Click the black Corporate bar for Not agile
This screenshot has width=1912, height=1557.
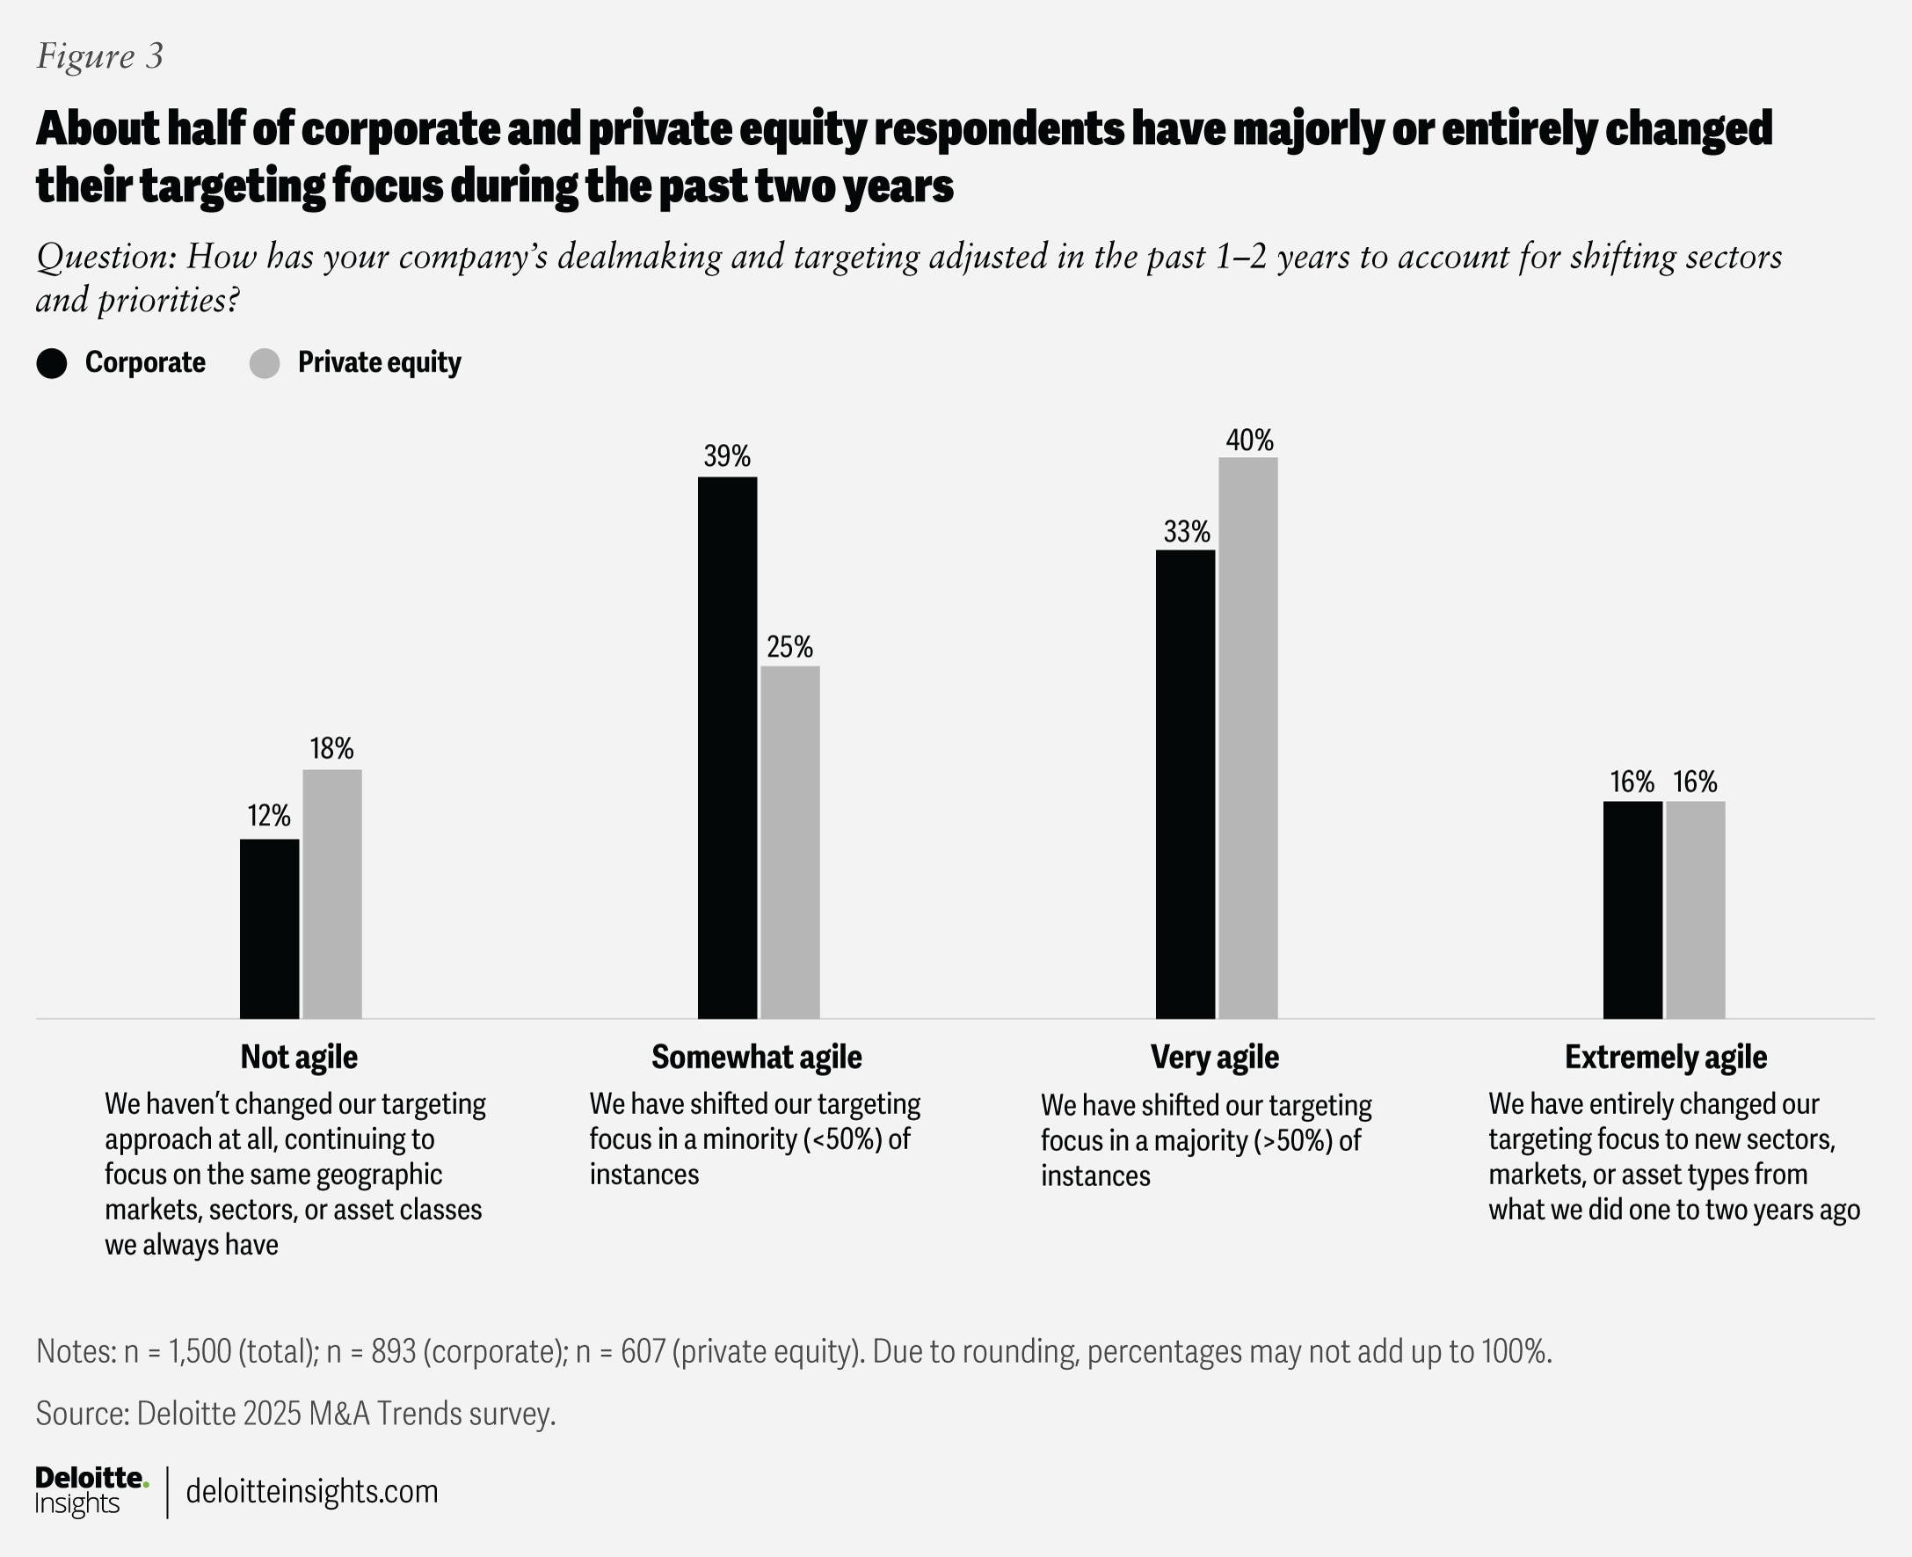(x=269, y=928)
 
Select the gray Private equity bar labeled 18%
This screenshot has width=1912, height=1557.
(x=331, y=893)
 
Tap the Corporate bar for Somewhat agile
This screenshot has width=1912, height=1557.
(x=727, y=747)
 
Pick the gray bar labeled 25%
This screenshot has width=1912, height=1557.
(x=790, y=841)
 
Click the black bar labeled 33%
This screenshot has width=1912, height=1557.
(x=1185, y=784)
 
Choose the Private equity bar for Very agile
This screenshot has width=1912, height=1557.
(x=1247, y=738)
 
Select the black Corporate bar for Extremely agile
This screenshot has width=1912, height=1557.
(x=1632, y=909)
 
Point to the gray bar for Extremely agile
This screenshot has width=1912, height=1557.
(x=1695, y=909)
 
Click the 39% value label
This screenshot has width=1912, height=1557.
(x=726, y=456)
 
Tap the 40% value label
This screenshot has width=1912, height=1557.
(x=1249, y=440)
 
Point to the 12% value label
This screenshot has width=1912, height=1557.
(x=269, y=815)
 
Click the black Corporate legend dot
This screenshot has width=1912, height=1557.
(x=52, y=363)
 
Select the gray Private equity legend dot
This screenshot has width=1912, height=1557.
(x=265, y=363)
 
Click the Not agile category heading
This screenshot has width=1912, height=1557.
(x=299, y=1057)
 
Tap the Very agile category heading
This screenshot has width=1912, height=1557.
(x=1214, y=1057)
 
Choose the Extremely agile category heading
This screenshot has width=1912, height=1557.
(x=1665, y=1057)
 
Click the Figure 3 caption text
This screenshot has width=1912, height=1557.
(x=99, y=56)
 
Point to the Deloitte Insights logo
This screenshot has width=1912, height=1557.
(x=91, y=1492)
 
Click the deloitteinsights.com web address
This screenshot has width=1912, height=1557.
(x=312, y=1492)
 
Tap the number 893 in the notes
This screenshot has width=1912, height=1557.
(x=394, y=1350)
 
